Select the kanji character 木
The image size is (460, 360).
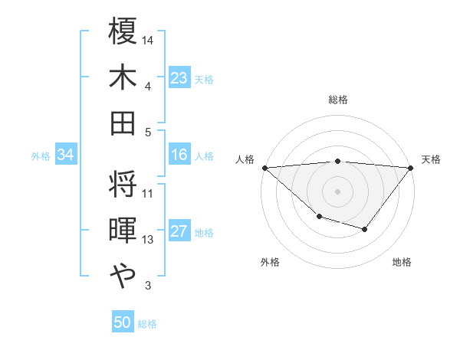click(123, 77)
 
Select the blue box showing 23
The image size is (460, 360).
click(179, 77)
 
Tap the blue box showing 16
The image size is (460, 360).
click(179, 155)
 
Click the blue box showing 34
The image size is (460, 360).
click(65, 155)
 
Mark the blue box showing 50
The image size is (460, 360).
click(123, 322)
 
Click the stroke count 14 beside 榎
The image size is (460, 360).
click(148, 39)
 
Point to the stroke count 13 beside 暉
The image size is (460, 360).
click(148, 240)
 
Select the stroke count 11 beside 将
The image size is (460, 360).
click(148, 193)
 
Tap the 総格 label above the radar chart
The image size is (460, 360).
click(338, 100)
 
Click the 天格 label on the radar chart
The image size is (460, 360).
click(431, 159)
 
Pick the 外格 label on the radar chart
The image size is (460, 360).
click(270, 262)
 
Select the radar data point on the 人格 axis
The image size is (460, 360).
click(264, 167)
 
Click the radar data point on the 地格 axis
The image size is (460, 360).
click(365, 229)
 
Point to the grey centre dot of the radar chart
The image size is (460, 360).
click(338, 191)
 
